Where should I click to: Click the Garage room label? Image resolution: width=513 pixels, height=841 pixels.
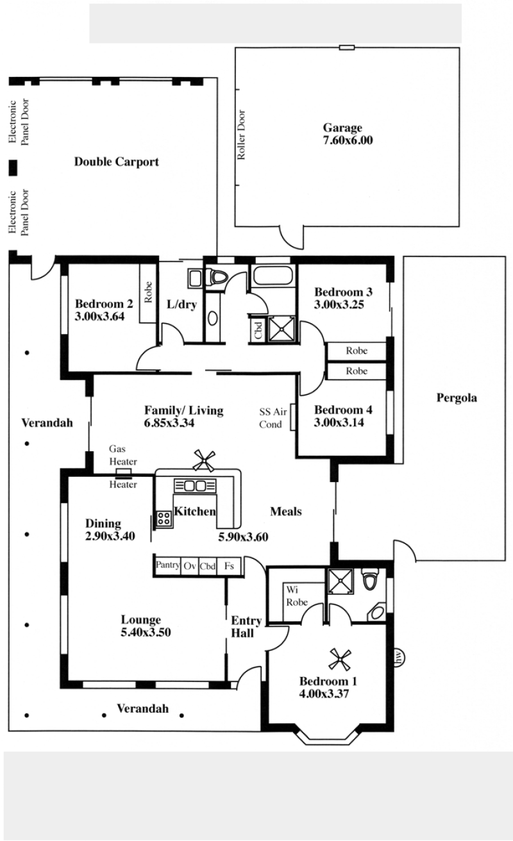pyautogui.click(x=342, y=128)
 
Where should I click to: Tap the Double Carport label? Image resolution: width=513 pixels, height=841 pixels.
pyautogui.click(x=117, y=162)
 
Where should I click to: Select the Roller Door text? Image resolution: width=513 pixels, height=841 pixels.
pyautogui.click(x=241, y=135)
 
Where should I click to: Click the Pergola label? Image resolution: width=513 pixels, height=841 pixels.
pyautogui.click(x=457, y=398)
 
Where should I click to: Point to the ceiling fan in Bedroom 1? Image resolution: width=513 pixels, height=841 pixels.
pyautogui.click(x=340, y=660)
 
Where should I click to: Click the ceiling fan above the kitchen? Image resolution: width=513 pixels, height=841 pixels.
pyautogui.click(x=205, y=461)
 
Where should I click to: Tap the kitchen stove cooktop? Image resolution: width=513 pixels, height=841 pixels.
pyautogui.click(x=164, y=519)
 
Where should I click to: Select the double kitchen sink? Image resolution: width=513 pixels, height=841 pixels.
pyautogui.click(x=195, y=486)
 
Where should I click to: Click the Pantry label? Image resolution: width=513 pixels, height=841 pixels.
pyautogui.click(x=168, y=565)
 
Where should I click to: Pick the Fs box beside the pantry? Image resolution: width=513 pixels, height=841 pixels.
pyautogui.click(x=230, y=566)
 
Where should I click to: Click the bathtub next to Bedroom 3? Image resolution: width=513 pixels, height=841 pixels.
pyautogui.click(x=273, y=276)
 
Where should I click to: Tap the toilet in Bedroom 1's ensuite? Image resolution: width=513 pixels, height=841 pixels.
pyautogui.click(x=370, y=579)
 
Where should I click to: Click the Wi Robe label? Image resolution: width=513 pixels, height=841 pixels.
pyautogui.click(x=297, y=596)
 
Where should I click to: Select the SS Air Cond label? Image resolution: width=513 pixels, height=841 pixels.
pyautogui.click(x=273, y=418)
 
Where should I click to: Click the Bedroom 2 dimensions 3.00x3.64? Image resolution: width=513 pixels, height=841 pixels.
pyautogui.click(x=99, y=317)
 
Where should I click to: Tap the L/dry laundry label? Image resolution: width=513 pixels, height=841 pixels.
pyautogui.click(x=181, y=304)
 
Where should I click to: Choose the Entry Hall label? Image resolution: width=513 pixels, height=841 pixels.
pyautogui.click(x=246, y=627)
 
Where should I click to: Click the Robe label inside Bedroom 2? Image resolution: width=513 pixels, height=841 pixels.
pyautogui.click(x=148, y=292)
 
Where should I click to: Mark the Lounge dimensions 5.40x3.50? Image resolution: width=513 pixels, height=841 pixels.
pyautogui.click(x=146, y=632)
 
